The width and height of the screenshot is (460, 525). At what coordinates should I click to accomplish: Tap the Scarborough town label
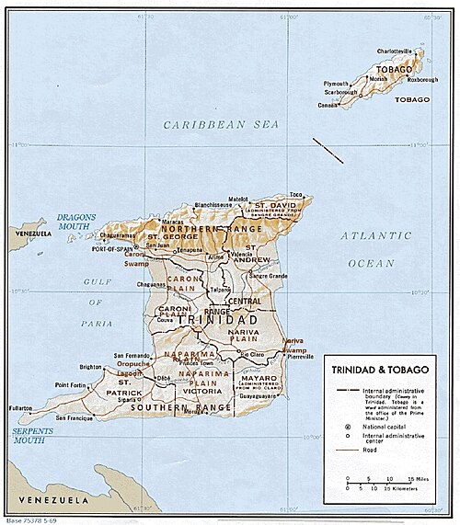[340, 93]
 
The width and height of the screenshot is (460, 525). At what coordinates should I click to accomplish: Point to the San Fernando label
[133, 355]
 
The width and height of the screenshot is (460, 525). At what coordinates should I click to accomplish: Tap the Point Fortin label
[74, 384]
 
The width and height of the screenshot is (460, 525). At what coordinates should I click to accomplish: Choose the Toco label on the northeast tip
[295, 194]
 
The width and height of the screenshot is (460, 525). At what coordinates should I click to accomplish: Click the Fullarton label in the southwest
[20, 406]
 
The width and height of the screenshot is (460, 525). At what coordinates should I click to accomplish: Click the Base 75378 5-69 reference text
[33, 519]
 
